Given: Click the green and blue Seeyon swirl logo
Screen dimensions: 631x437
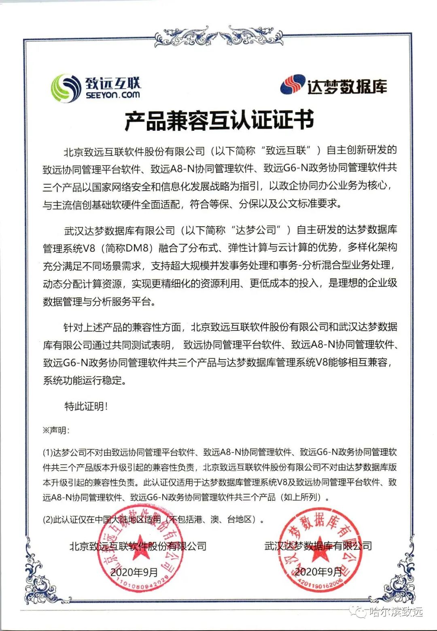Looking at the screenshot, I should tap(66, 88).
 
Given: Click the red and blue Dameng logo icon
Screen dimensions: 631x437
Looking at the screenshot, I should tap(293, 85).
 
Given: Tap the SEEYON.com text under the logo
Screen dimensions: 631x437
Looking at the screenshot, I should tap(112, 95).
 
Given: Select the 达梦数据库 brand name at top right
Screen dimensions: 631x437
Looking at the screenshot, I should tap(347, 86).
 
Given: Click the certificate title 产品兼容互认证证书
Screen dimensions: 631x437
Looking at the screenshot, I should tap(219, 120).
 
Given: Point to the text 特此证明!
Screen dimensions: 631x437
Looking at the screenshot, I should tap(86, 406).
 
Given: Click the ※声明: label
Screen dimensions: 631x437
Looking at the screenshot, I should tap(56, 431).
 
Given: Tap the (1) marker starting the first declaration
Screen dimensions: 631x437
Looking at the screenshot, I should tap(48, 453).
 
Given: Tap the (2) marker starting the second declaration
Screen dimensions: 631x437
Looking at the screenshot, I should tap(48, 520).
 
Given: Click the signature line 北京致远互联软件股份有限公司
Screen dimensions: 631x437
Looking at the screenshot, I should tap(138, 546).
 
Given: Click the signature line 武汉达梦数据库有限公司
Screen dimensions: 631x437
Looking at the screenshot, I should tap(318, 546).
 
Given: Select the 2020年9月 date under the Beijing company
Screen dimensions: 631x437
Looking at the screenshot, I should tap(134, 572).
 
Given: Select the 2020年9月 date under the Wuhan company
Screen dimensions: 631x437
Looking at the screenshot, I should tap(318, 572).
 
